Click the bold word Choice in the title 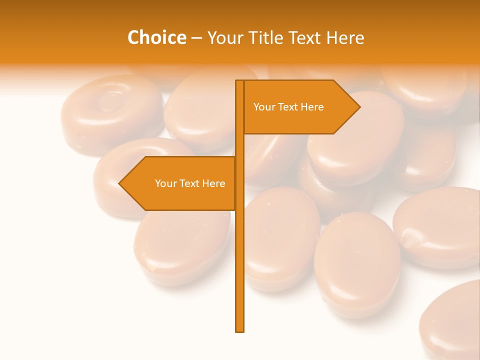156,37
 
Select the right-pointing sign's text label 288,107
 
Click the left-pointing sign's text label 190,183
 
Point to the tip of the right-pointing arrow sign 359,106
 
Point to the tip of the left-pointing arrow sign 119,183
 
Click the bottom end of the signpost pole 240,330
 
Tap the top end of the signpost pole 240,81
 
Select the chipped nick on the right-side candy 410,237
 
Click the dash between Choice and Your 196,38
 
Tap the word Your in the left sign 166,183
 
